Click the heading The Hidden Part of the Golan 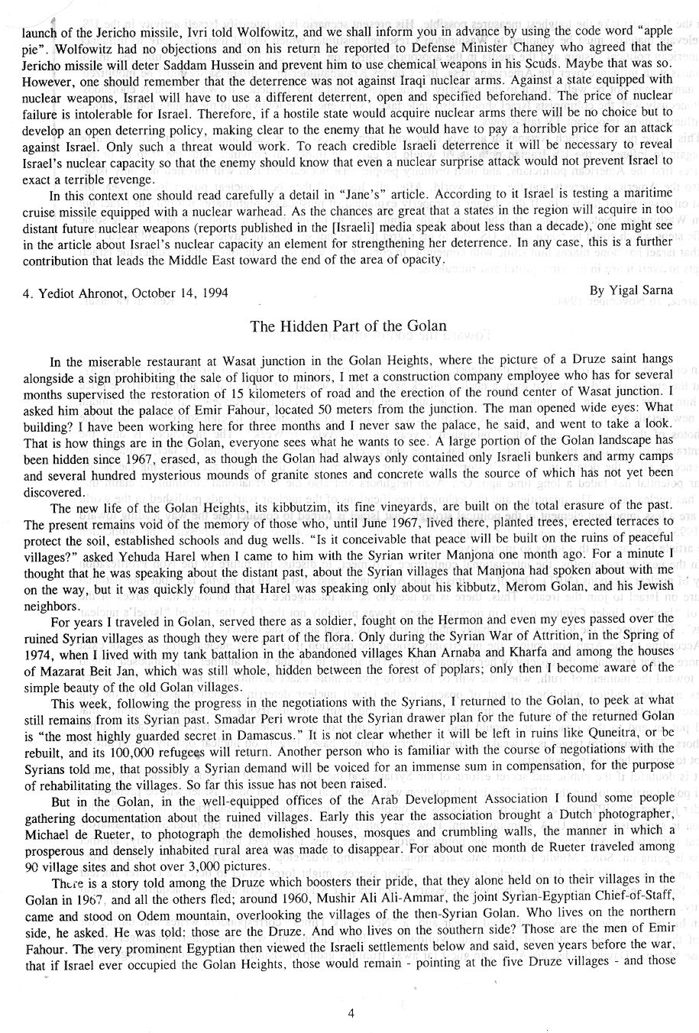click(x=348, y=326)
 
